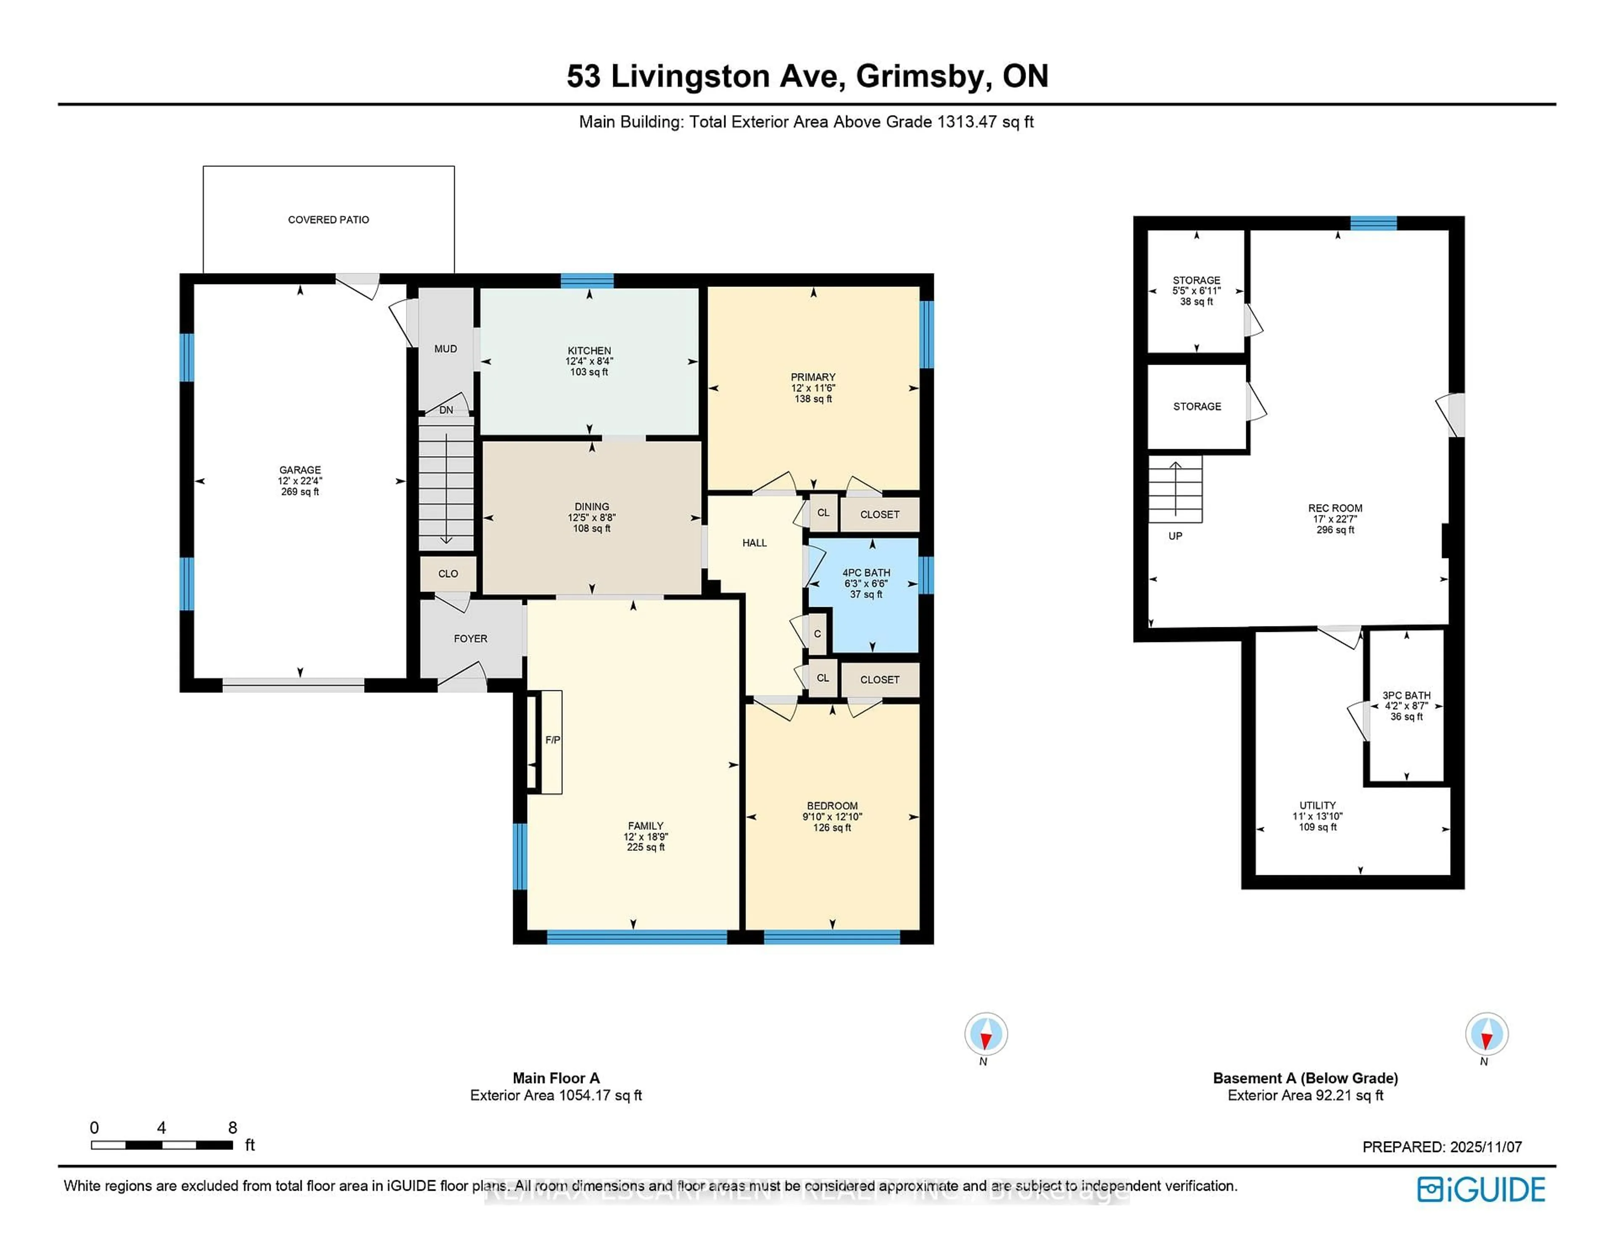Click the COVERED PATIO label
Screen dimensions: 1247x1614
(328, 219)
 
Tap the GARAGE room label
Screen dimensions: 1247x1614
(300, 470)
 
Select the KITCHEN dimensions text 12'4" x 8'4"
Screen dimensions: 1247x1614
(589, 361)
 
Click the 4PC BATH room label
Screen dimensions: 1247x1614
(866, 573)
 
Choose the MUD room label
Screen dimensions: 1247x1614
(446, 349)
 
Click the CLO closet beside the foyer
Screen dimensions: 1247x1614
(448, 573)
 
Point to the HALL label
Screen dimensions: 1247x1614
(754, 543)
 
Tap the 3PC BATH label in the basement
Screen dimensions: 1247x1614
(1406, 695)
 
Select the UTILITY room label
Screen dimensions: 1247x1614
(1318, 805)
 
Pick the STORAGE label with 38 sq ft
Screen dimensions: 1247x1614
(1197, 280)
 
